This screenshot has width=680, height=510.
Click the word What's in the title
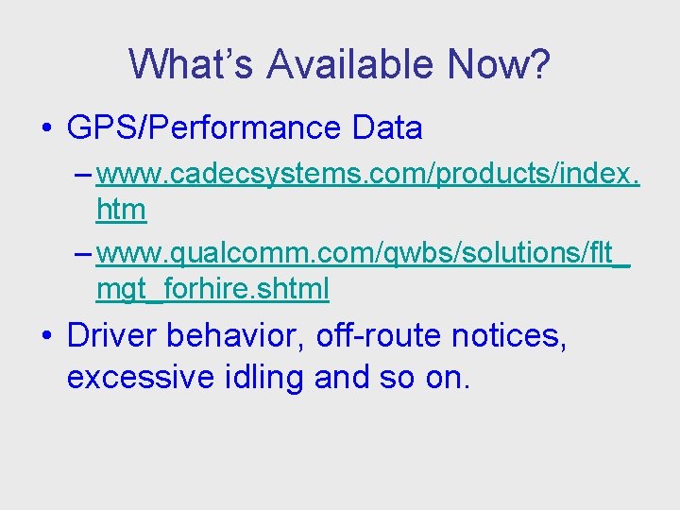point(192,64)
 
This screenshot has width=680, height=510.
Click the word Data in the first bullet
point(387,127)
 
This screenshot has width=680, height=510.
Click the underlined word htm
point(121,209)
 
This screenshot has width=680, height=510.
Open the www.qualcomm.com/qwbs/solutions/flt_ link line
point(364,254)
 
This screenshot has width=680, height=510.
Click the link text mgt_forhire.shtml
point(212,289)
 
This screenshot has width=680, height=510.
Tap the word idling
point(264,378)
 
